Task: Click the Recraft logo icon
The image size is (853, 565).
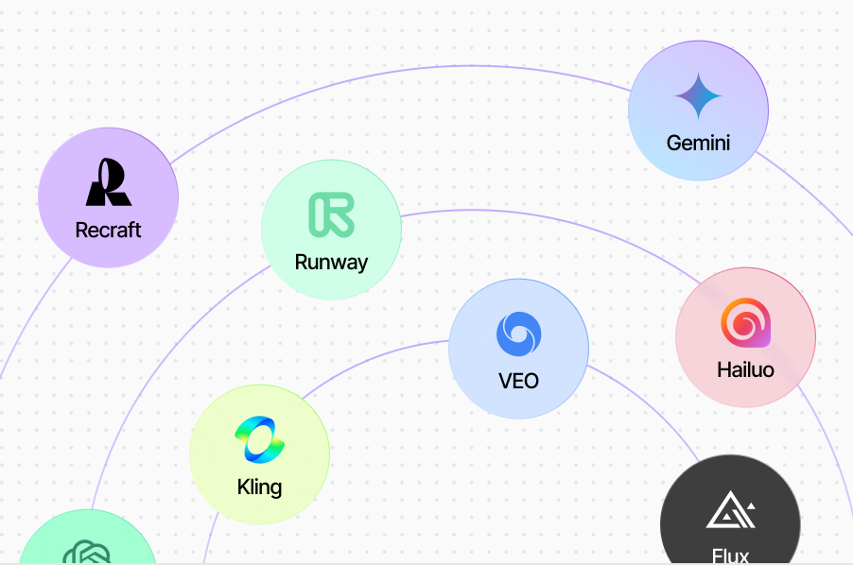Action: (109, 182)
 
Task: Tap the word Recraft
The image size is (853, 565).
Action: (109, 230)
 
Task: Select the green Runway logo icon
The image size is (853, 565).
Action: (331, 214)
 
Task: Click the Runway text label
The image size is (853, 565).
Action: (331, 262)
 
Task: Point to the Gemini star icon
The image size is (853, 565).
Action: (699, 96)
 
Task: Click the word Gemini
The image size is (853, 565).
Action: (699, 144)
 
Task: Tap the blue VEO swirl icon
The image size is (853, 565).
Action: (519, 334)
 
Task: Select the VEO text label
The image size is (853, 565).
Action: (519, 381)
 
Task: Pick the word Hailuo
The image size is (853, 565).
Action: (745, 369)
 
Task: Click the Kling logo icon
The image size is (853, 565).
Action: (259, 440)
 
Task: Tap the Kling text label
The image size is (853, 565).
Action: (259, 488)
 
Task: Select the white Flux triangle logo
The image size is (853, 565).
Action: (730, 511)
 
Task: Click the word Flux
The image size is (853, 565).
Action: (730, 556)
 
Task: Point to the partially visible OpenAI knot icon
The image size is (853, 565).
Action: (87, 553)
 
